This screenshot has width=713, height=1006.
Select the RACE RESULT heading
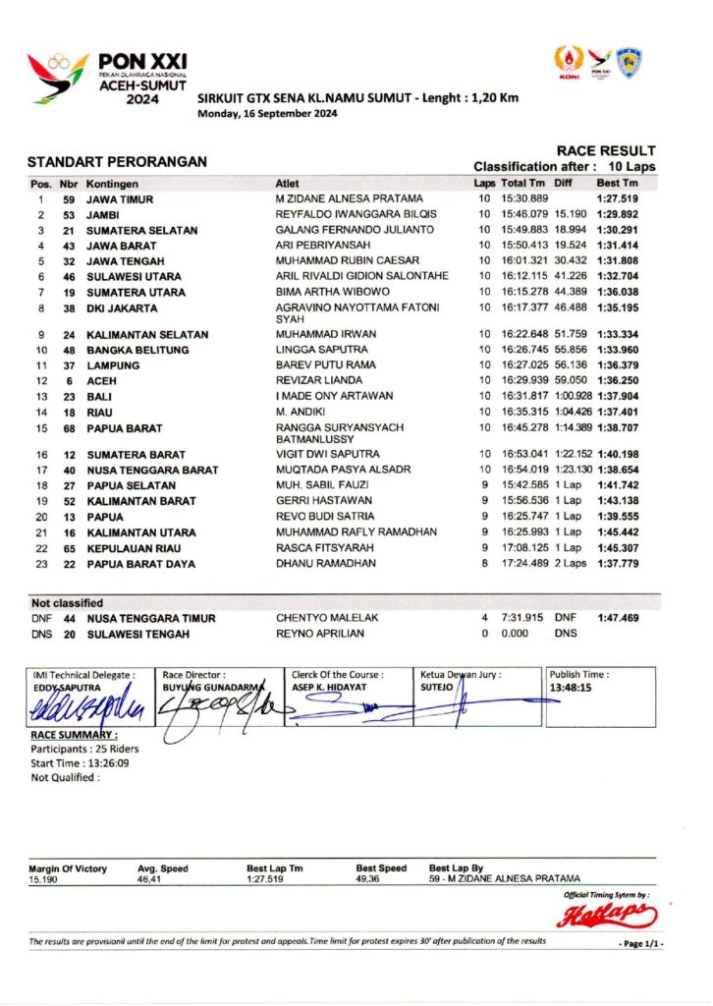pyautogui.click(x=605, y=150)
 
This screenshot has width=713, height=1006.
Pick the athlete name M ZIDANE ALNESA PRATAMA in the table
pyautogui.click(x=349, y=199)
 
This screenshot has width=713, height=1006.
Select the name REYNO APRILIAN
pyautogui.click(x=320, y=634)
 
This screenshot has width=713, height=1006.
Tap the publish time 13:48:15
pyautogui.click(x=572, y=689)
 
